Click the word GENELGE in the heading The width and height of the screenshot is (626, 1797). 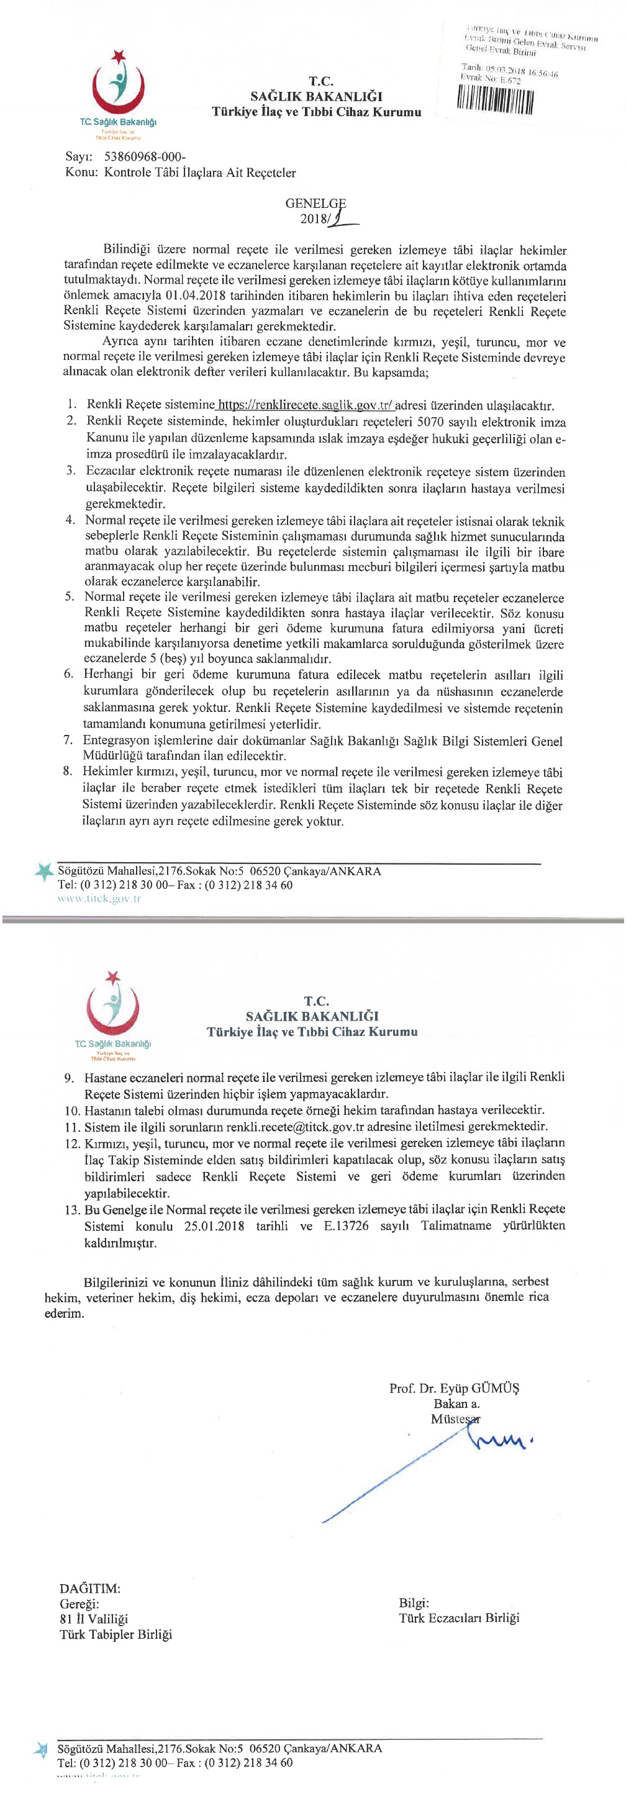coord(315,204)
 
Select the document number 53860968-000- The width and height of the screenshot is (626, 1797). coord(145,156)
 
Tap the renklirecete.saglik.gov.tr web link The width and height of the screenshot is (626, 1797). coord(306,405)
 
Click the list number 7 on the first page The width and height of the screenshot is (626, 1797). coord(68,740)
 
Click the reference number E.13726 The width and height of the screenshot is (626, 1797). coord(345,1226)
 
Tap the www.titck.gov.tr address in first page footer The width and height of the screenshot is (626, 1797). coord(99,899)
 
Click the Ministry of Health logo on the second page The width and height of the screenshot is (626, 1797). coord(112,1004)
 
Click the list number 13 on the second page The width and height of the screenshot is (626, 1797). coord(72,1210)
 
